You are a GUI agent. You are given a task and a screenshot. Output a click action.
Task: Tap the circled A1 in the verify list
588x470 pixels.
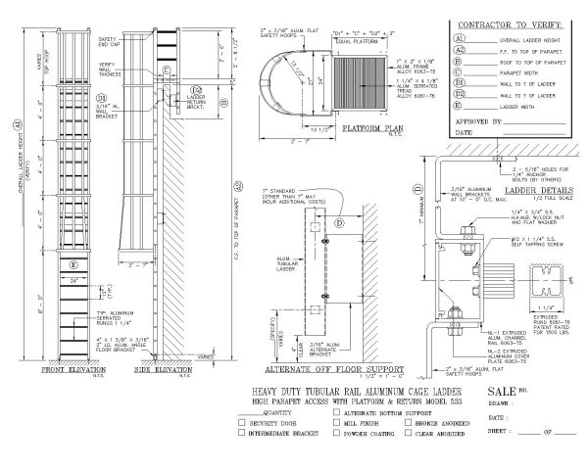tap(460, 36)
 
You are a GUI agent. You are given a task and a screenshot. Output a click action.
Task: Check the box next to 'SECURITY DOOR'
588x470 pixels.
tap(241, 421)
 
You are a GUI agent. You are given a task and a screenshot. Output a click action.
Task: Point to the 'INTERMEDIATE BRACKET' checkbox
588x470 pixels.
tap(241, 431)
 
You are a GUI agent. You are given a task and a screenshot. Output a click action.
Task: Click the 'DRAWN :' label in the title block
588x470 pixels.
tap(502, 401)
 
